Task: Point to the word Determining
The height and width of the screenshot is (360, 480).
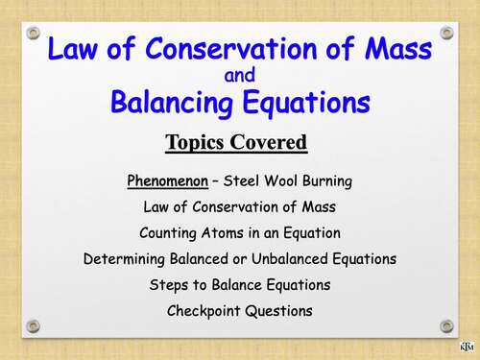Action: pyautogui.click(x=126, y=258)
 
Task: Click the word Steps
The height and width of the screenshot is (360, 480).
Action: pyautogui.click(x=170, y=284)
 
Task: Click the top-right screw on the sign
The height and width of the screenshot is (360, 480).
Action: pyautogui.click(x=446, y=33)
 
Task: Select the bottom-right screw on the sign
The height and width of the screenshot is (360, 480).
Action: pyautogui.click(x=446, y=326)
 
